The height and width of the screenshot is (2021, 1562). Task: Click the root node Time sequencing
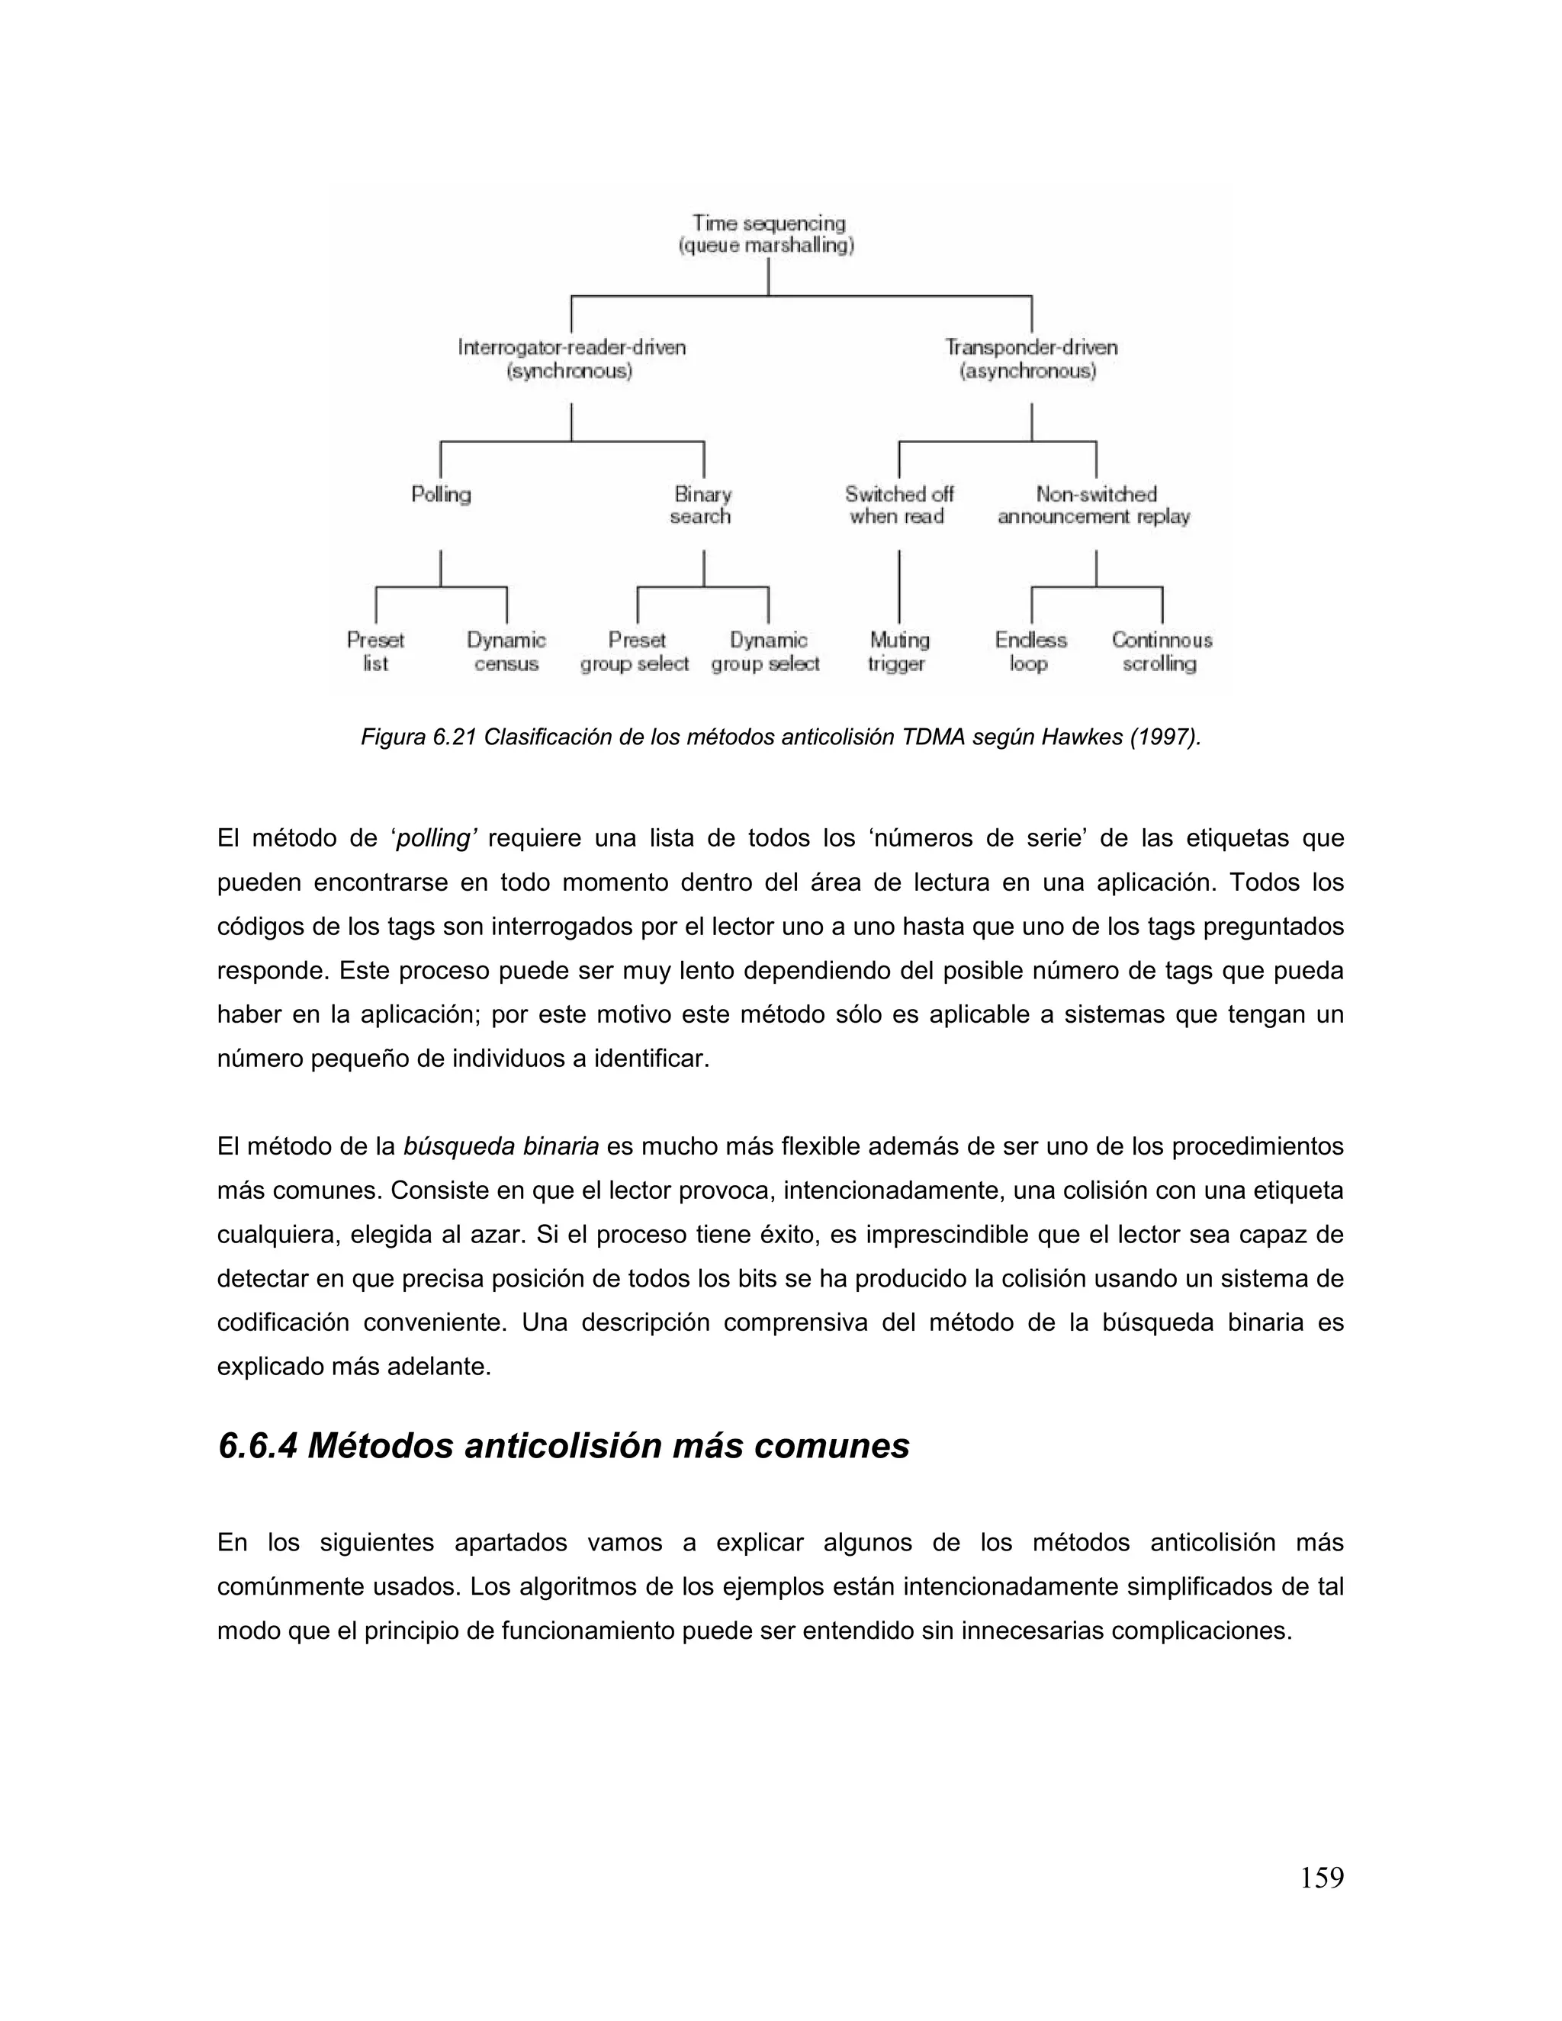coord(767,234)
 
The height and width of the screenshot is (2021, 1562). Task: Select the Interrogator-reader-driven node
coord(571,359)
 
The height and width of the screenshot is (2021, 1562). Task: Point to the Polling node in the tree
coord(441,494)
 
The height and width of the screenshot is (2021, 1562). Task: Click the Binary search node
coord(702,505)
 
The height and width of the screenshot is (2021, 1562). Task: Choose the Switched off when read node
coord(898,505)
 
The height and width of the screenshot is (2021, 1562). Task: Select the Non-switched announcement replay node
coord(1094,505)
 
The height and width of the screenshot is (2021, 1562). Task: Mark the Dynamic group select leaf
coord(767,651)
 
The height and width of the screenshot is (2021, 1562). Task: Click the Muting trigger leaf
coord(898,651)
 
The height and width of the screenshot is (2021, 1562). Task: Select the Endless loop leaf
coord(1030,651)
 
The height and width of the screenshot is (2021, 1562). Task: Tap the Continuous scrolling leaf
coord(1162,651)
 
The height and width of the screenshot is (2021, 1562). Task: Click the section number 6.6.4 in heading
coord(256,1445)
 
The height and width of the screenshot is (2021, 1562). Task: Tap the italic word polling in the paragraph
coord(433,838)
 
